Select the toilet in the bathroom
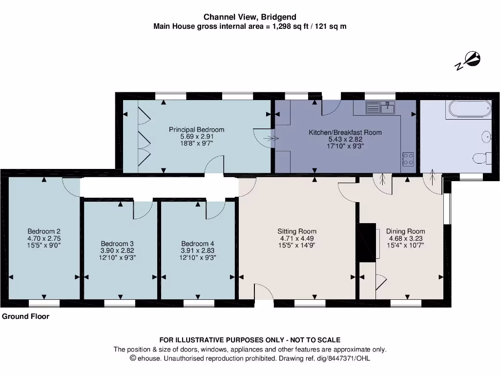pos(481,158)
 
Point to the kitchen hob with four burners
pos(408,158)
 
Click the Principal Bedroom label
pos(196,129)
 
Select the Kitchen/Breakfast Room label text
pos(345,132)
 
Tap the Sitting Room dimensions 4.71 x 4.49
pos(297,239)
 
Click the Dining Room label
pos(405,231)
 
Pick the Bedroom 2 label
pos(44,231)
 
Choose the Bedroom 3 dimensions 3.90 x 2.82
pos(117,250)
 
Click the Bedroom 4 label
pos(197,244)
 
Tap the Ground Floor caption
pos(26,316)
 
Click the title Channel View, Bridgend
pos(250,17)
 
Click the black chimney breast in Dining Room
pos(366,243)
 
